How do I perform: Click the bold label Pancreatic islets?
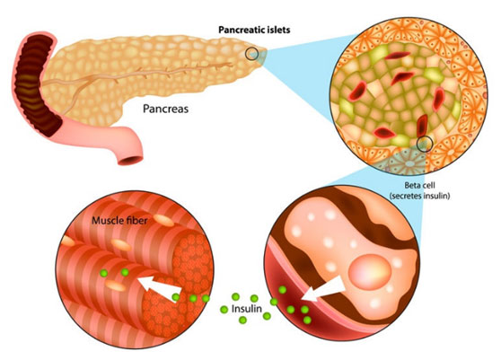[254, 30]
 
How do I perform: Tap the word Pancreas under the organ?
[165, 109]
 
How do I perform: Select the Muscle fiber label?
[119, 221]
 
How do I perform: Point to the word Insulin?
[247, 309]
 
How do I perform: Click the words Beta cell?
[420, 185]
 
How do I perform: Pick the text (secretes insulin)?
[420, 196]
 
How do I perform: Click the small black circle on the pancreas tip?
[251, 53]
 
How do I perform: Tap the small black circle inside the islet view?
[425, 143]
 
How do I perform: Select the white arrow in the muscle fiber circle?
[159, 286]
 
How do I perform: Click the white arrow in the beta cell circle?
[322, 290]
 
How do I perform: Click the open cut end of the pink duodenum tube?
[130, 159]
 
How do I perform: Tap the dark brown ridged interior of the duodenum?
[35, 83]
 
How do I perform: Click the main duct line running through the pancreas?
[137, 75]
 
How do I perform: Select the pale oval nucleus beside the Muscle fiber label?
[163, 220]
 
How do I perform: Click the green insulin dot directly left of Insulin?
[224, 309]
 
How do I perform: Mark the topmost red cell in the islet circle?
[398, 56]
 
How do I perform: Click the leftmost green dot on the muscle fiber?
[103, 273]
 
